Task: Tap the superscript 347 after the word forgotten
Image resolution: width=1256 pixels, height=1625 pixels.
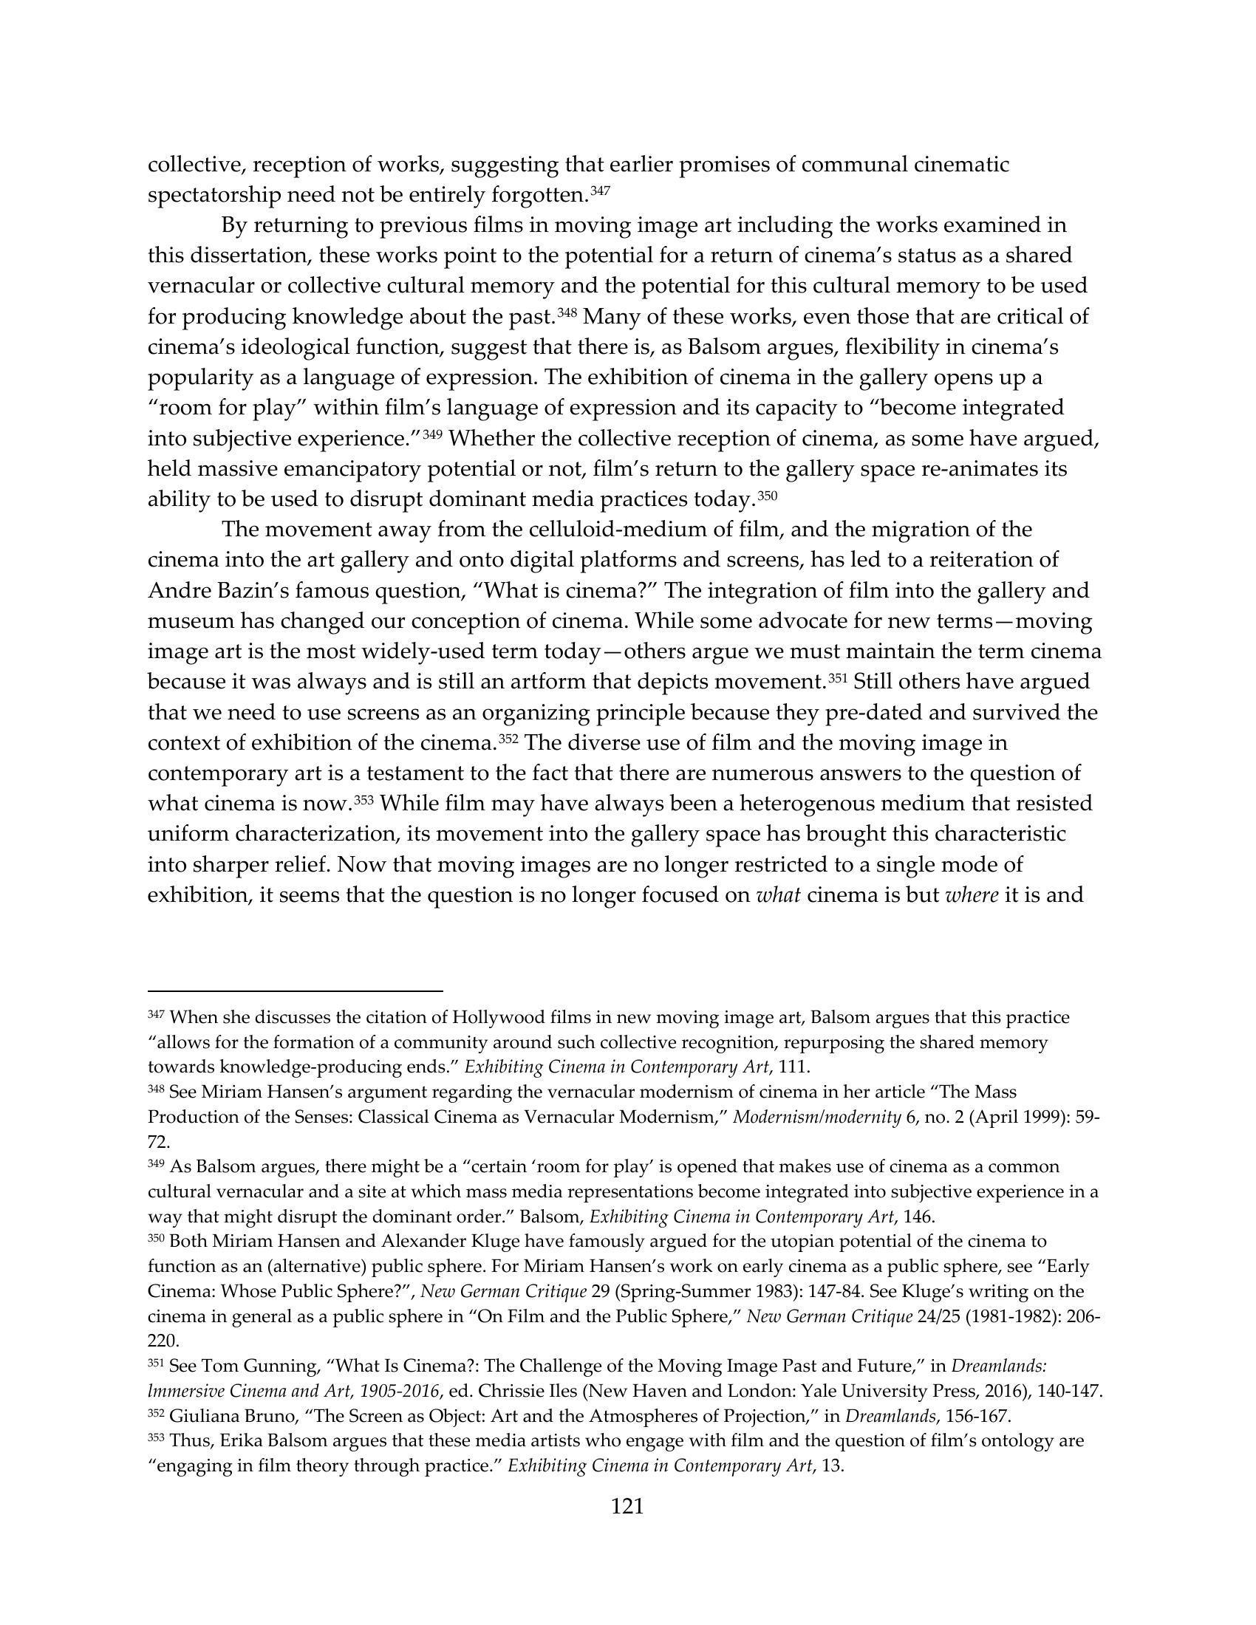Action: pyautogui.click(x=600, y=191)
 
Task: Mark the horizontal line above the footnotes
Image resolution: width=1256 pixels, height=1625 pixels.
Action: pyautogui.click(x=296, y=991)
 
